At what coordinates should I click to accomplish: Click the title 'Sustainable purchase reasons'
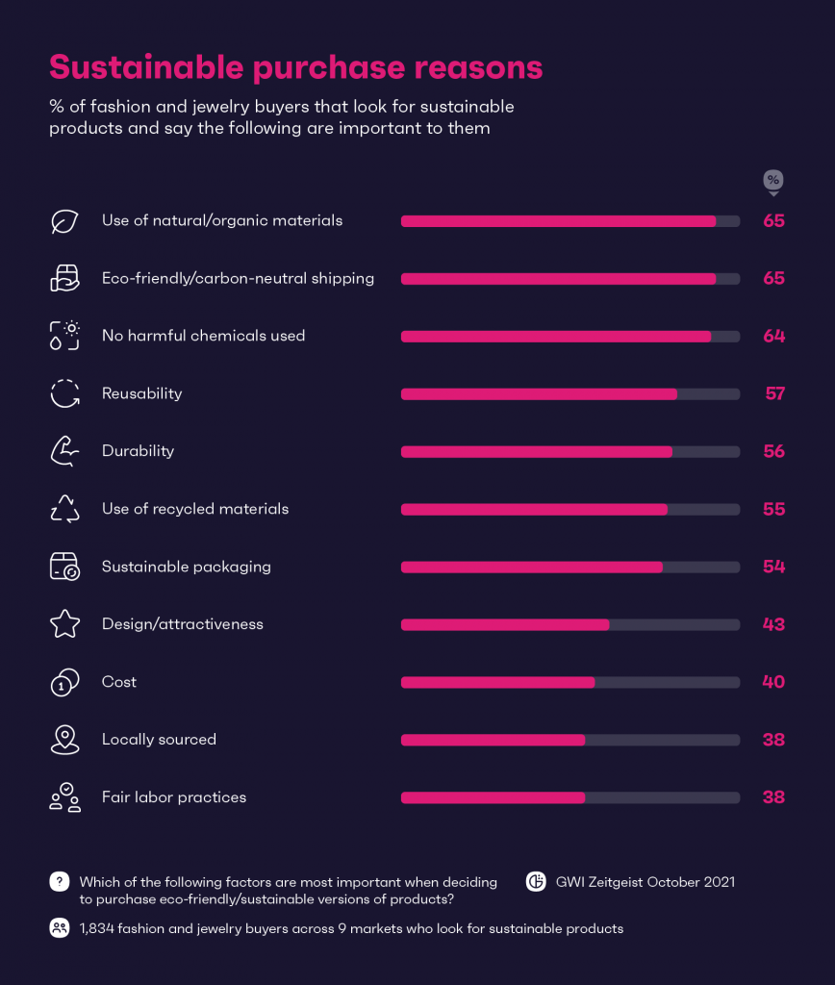click(295, 68)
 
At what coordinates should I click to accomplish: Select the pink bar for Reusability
click(539, 393)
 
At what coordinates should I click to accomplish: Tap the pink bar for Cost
click(497, 682)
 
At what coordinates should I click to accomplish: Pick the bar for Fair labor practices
click(493, 797)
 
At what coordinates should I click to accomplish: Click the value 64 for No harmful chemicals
click(773, 336)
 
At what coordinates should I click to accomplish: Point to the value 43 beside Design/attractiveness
click(773, 624)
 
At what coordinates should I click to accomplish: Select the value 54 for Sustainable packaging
click(773, 567)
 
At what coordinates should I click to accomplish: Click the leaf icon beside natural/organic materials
click(64, 221)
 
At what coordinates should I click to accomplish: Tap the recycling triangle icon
click(64, 509)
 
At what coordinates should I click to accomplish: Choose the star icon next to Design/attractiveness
click(64, 624)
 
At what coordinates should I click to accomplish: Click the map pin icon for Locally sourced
click(64, 740)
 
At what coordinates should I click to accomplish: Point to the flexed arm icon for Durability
click(64, 451)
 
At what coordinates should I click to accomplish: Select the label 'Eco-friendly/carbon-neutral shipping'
click(238, 278)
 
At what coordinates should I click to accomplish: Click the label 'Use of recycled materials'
click(195, 509)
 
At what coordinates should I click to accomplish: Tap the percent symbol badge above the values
click(773, 181)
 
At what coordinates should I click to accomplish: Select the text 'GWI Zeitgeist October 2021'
click(645, 881)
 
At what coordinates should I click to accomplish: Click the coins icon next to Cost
click(64, 682)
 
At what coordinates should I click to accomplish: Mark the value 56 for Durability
click(773, 451)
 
